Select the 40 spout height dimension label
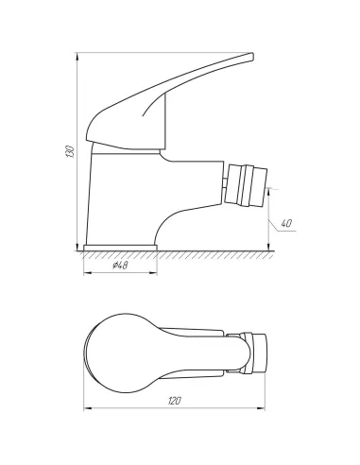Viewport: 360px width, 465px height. [x=287, y=223]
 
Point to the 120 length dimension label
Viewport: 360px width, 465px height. [x=175, y=402]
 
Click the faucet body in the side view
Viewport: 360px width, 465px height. [x=123, y=194]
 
